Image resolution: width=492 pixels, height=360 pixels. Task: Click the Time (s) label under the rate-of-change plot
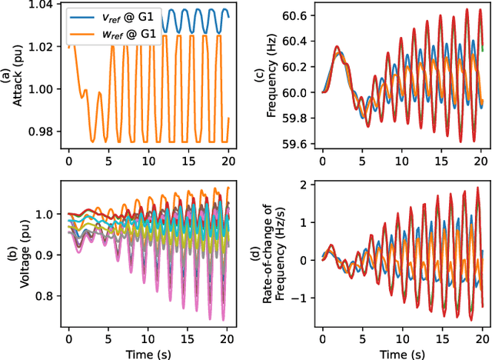pos(403,352)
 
